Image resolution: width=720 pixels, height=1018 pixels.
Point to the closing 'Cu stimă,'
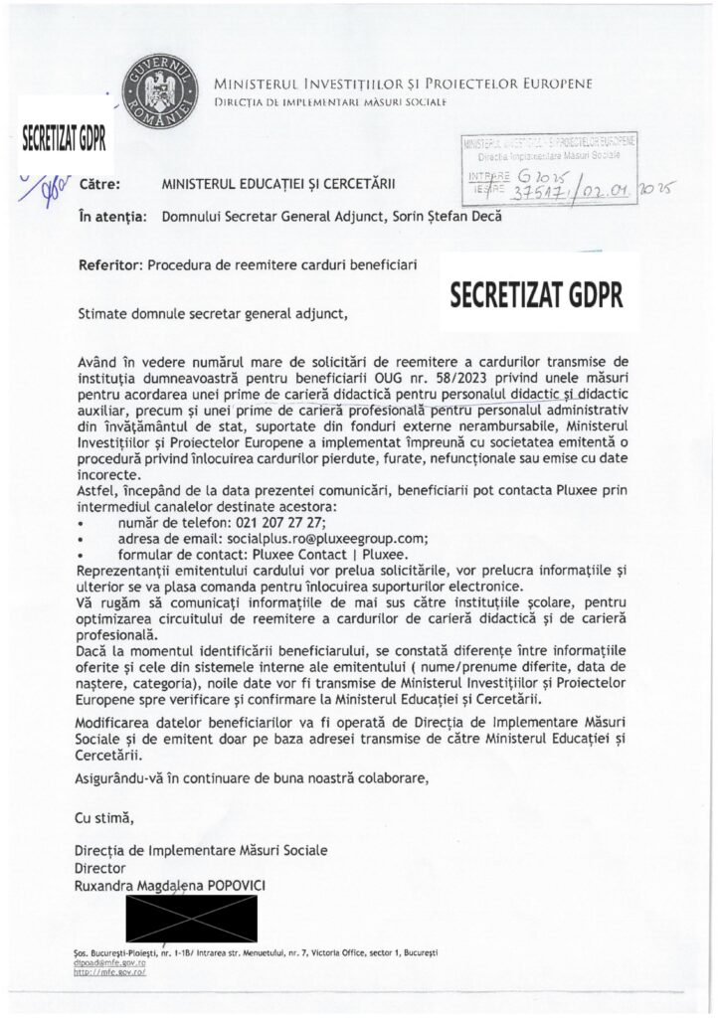[102, 818]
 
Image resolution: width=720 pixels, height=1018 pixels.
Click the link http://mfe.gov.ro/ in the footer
[107, 973]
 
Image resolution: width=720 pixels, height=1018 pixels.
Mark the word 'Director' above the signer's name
[99, 868]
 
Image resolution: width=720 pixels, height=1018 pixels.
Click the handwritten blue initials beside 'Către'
[47, 186]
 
